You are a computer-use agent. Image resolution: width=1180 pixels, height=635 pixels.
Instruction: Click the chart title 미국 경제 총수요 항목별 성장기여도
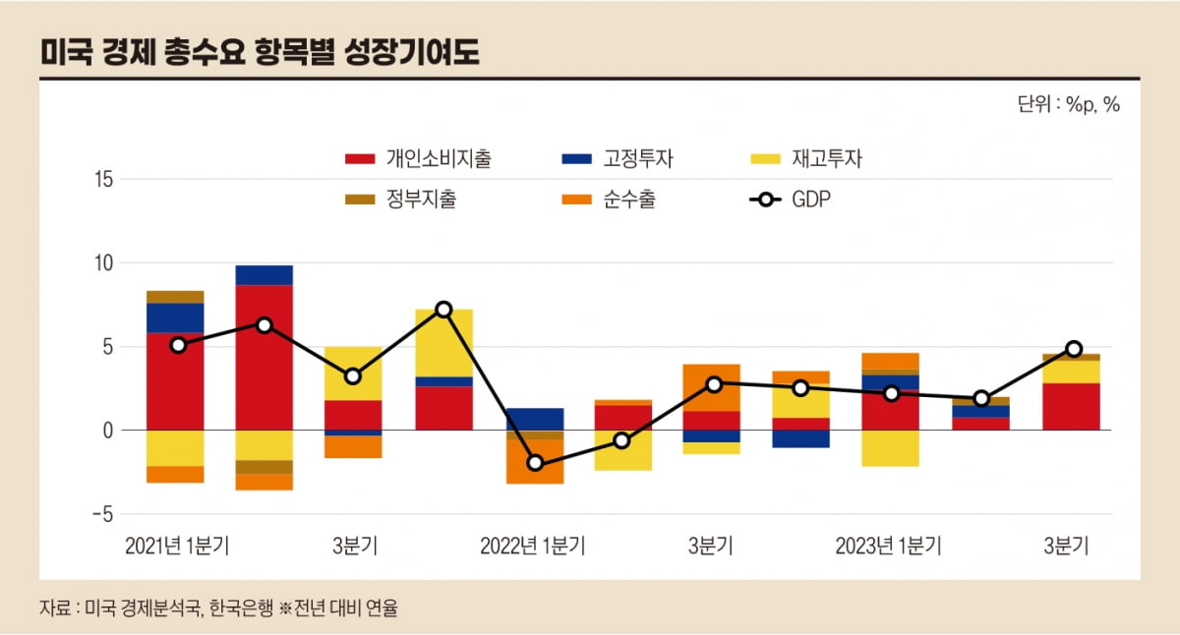click(x=260, y=52)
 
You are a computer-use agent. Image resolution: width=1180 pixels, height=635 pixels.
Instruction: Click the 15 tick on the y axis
click(x=103, y=180)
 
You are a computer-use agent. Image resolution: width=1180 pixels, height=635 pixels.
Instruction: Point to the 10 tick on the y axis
click(x=103, y=263)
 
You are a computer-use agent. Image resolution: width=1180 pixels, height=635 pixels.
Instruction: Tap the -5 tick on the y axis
click(x=101, y=514)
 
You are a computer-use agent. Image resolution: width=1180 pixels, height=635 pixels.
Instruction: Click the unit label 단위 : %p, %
click(x=1068, y=105)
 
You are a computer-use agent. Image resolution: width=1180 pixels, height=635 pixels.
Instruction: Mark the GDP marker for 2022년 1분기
click(x=534, y=463)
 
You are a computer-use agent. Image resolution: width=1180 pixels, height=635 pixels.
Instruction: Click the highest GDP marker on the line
click(x=443, y=310)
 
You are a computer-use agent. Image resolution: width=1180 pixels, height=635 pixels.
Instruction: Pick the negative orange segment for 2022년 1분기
click(x=534, y=462)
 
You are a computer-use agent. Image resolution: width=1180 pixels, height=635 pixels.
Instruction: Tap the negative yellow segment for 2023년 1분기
click(x=890, y=448)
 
